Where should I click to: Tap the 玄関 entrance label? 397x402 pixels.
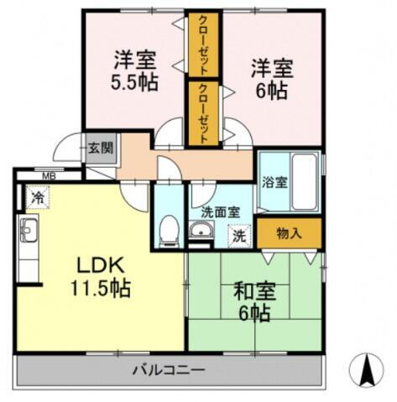[100, 149]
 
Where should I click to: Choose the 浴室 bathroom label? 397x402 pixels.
[273, 180]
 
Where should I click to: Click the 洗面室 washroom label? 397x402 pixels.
[220, 212]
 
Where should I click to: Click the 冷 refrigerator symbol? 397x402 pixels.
[37, 197]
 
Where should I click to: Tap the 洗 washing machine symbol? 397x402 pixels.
[238, 237]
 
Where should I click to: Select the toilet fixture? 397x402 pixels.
[168, 227]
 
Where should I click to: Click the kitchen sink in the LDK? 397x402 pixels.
[28, 230]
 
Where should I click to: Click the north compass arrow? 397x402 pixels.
[366, 369]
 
